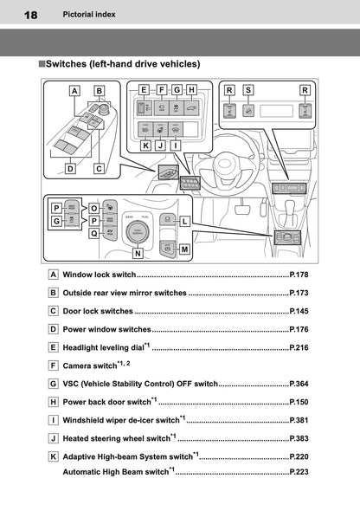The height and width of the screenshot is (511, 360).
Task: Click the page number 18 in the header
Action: pyautogui.click(x=29, y=15)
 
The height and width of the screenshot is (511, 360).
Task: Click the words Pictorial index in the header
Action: pyautogui.click(x=88, y=15)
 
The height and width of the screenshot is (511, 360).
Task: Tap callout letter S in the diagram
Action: pyautogui.click(x=248, y=89)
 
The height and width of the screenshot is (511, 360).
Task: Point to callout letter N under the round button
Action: pyautogui.click(x=138, y=254)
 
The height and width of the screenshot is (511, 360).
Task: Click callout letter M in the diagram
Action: pyautogui.click(x=185, y=249)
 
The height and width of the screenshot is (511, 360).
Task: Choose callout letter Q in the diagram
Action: pyautogui.click(x=94, y=232)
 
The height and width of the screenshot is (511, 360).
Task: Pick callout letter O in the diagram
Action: pyautogui.click(x=94, y=208)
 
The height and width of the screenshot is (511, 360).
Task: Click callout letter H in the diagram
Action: pyautogui.click(x=191, y=89)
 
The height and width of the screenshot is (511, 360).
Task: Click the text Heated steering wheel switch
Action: pyautogui.click(x=116, y=438)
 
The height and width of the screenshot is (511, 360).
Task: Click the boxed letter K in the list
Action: pyautogui.click(x=55, y=456)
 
